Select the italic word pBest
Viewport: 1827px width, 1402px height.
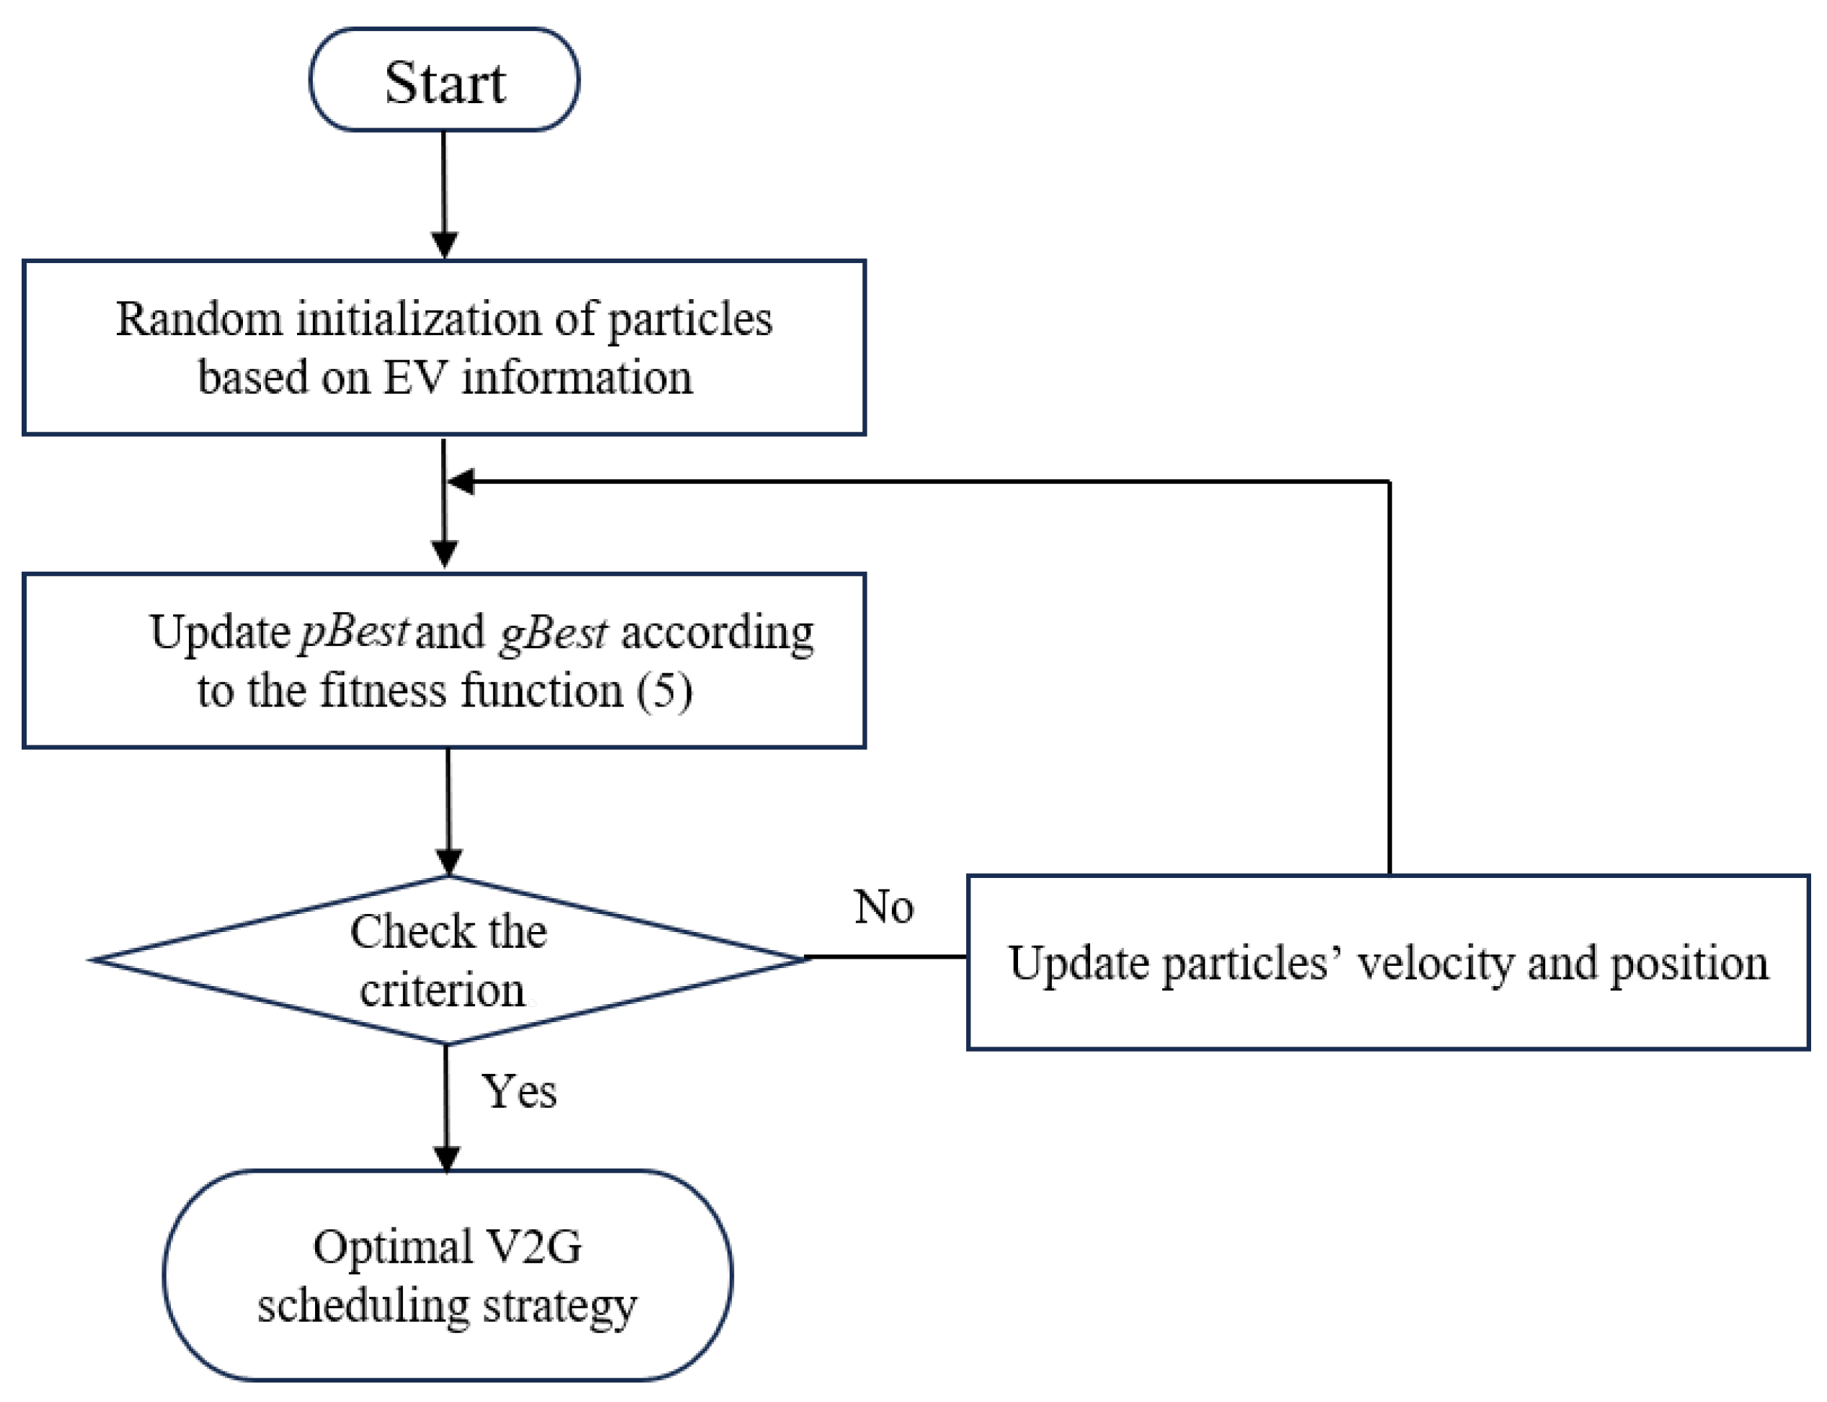pos(354,631)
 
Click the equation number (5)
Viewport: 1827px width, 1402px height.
pos(663,691)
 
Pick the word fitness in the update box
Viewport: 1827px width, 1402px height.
pos(383,691)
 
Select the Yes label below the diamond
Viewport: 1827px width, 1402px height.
pos(518,1091)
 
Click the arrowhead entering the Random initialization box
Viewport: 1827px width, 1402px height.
pos(444,245)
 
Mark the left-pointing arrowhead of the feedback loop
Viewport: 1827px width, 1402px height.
pos(461,482)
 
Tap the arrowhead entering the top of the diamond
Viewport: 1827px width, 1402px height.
pos(449,861)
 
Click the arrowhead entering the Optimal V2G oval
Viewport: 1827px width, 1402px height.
pos(446,1158)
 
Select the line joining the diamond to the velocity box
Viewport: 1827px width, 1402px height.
pos(885,957)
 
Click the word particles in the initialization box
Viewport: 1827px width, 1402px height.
pos(689,319)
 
